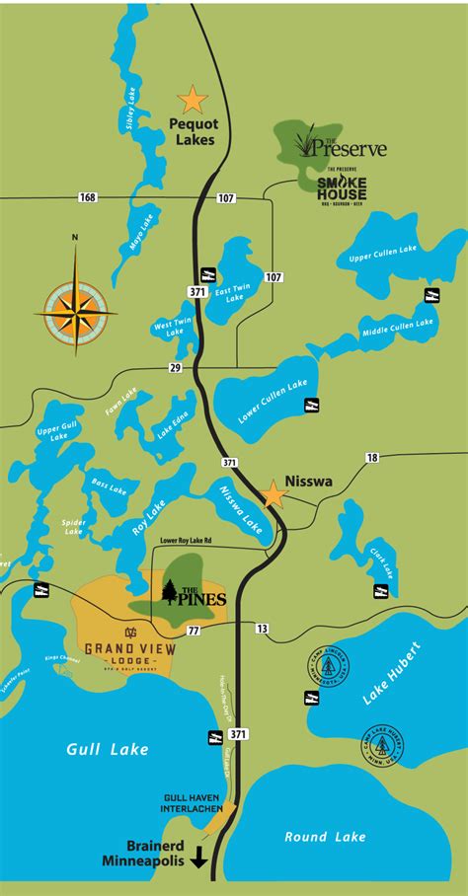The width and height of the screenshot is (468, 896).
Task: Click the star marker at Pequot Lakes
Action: (192, 100)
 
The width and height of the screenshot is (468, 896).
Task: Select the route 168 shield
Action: (89, 198)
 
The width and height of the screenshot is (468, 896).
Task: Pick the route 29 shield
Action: (176, 367)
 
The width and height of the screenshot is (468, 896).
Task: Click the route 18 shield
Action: (371, 458)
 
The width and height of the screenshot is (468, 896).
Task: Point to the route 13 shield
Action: (263, 629)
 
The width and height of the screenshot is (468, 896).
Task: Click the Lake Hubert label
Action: (391, 674)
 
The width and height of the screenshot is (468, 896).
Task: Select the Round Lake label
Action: (325, 837)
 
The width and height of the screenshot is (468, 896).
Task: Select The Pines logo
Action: (195, 595)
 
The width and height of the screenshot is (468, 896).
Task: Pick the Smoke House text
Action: (343, 184)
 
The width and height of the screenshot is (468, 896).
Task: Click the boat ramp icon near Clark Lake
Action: (379, 591)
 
